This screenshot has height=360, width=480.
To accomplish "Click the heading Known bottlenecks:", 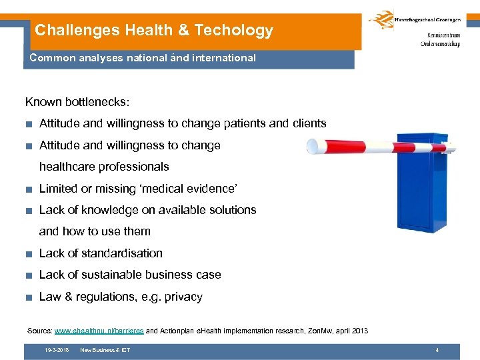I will click(x=77, y=102).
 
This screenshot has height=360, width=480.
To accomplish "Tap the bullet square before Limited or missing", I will click(x=30, y=189).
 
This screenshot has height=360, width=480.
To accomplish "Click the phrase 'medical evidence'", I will click(x=193, y=188).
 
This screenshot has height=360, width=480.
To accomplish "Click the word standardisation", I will click(x=121, y=253).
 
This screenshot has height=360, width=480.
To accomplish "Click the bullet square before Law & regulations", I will click(x=30, y=297).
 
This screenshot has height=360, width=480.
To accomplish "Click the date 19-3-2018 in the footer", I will click(x=57, y=350).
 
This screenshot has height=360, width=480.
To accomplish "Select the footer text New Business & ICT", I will click(x=105, y=350).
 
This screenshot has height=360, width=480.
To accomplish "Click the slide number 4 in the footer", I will click(x=437, y=350).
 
